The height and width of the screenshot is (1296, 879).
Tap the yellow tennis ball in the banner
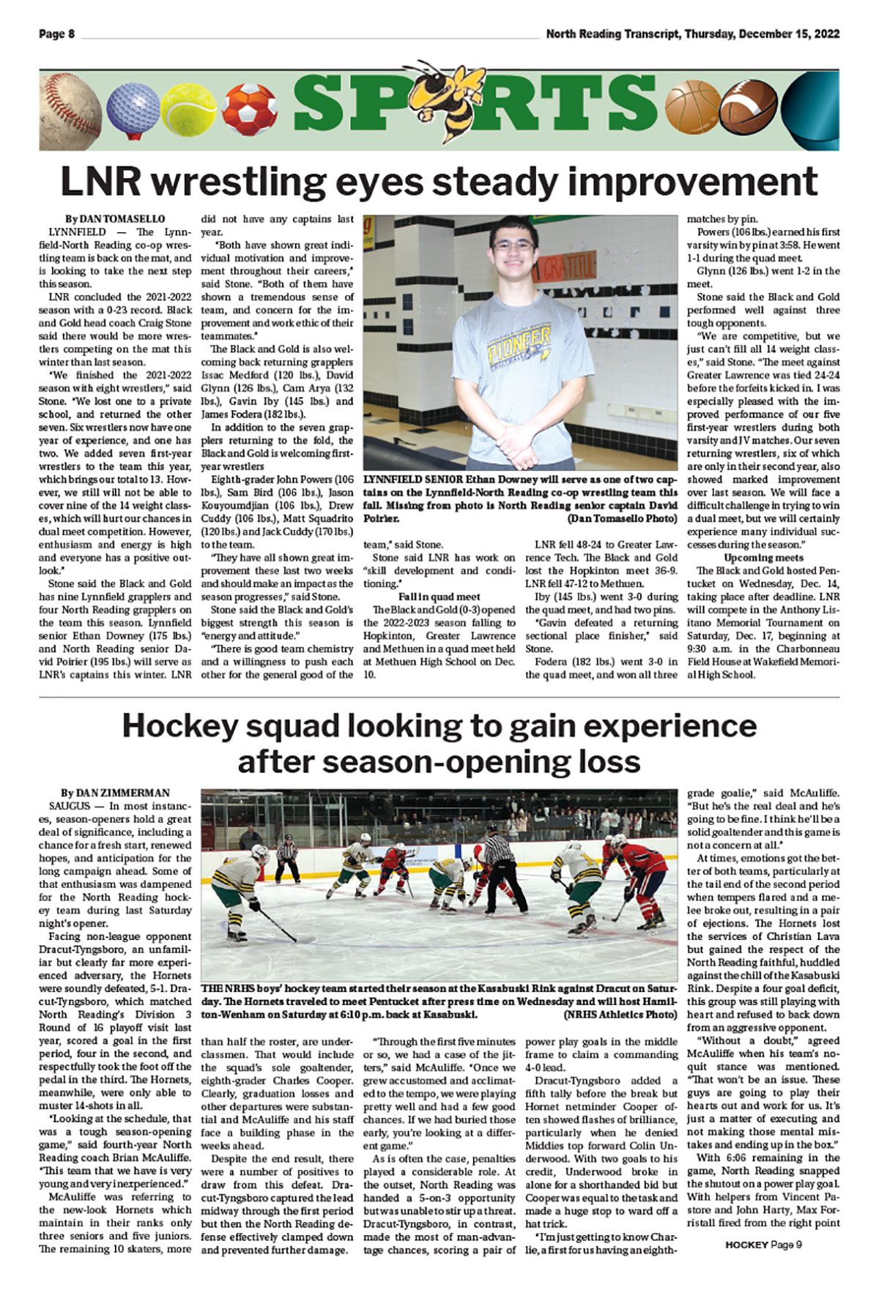coord(188,111)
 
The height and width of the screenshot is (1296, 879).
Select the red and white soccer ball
coord(250,111)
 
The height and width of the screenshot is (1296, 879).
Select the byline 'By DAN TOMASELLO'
coord(115,219)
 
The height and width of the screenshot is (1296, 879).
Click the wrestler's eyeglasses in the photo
coord(512,245)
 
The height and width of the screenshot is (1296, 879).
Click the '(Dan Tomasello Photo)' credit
coord(623,519)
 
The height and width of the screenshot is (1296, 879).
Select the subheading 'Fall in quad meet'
coord(439,596)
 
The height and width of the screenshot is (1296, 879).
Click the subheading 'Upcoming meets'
coord(763,558)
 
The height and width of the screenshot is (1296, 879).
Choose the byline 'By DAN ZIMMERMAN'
coord(115,793)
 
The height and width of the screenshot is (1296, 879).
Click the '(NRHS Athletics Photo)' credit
coord(620,1015)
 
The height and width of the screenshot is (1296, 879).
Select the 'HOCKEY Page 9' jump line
coord(764,1245)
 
